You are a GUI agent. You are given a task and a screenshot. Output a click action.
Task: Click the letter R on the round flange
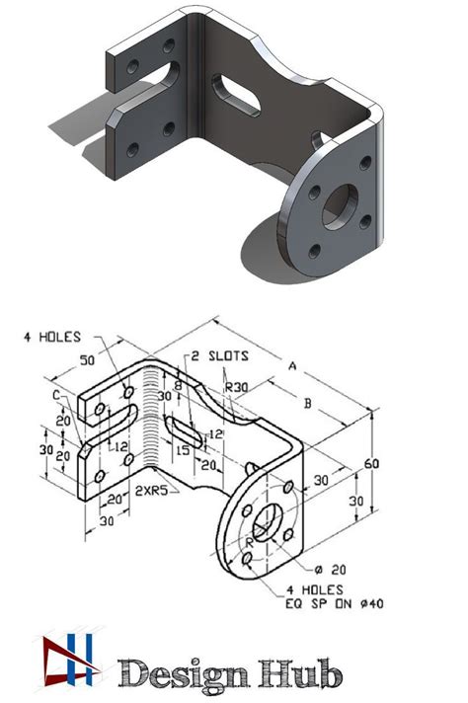point(251,542)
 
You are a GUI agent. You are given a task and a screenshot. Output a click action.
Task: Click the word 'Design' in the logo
point(181,673)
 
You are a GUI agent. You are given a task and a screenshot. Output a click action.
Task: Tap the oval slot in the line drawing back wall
point(187,430)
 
